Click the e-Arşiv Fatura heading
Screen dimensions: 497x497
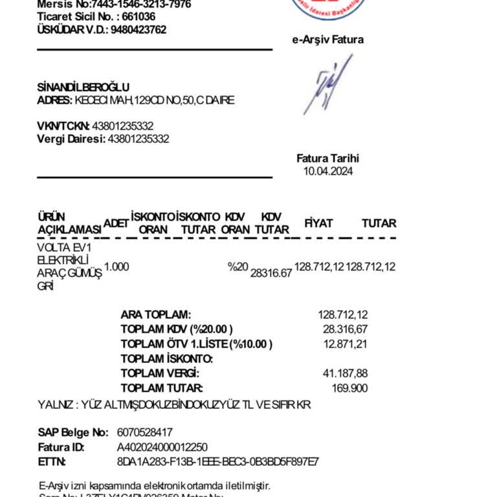(327, 39)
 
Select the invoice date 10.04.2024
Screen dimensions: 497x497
(328, 171)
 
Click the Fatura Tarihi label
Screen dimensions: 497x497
(327, 159)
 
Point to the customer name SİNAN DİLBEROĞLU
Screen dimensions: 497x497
(83, 87)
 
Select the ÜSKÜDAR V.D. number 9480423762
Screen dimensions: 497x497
(138, 30)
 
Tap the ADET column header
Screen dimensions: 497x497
(116, 223)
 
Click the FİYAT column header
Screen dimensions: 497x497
(318, 223)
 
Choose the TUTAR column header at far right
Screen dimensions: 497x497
(379, 223)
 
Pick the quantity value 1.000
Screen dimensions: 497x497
(116, 267)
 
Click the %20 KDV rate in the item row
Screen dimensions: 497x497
(237, 267)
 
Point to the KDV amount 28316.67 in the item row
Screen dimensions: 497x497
(271, 273)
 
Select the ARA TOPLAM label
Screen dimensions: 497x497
(156, 315)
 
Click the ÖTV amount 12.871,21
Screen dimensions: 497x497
(346, 344)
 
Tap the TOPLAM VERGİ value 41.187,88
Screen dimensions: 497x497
(345, 373)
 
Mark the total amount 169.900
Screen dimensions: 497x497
(349, 388)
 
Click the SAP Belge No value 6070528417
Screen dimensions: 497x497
(145, 432)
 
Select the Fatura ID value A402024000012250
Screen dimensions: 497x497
(162, 447)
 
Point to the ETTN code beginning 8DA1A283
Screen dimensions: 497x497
(217, 461)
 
